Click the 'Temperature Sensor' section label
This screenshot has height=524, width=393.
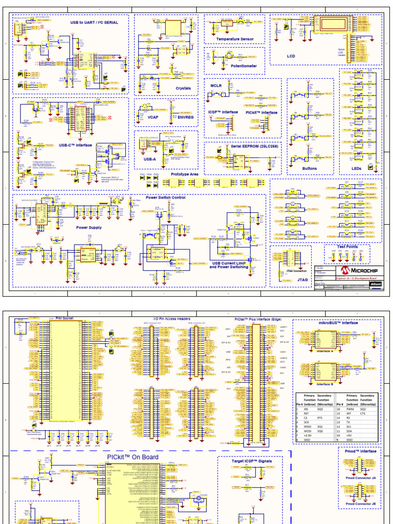[x=235, y=39]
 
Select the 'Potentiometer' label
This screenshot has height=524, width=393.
[x=244, y=66]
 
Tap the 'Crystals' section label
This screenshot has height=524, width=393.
[x=183, y=88]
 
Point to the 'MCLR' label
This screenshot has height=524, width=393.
[x=216, y=86]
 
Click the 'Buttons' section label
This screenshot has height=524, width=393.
[x=310, y=168]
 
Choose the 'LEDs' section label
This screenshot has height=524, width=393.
[x=356, y=168]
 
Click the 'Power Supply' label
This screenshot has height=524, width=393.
[x=89, y=227]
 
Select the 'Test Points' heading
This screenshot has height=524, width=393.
[x=347, y=246]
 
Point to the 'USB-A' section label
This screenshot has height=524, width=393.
[x=150, y=159]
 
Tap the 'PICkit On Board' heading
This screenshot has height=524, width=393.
[x=133, y=457]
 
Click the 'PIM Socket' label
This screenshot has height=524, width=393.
[x=64, y=318]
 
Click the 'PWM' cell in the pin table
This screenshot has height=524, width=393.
[x=350, y=409]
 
